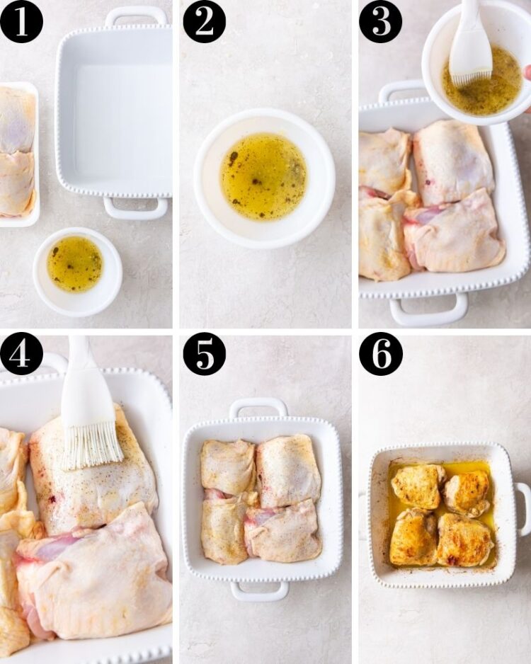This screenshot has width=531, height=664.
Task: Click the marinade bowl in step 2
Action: pyautogui.click(x=264, y=178)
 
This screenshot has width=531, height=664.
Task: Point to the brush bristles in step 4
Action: pyautogui.click(x=92, y=446)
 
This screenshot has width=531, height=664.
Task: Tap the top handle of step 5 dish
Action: pyautogui.click(x=258, y=407)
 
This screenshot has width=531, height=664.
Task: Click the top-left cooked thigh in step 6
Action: pyautogui.click(x=418, y=486)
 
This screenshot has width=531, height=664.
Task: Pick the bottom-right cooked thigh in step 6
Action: pyautogui.click(x=464, y=539)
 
